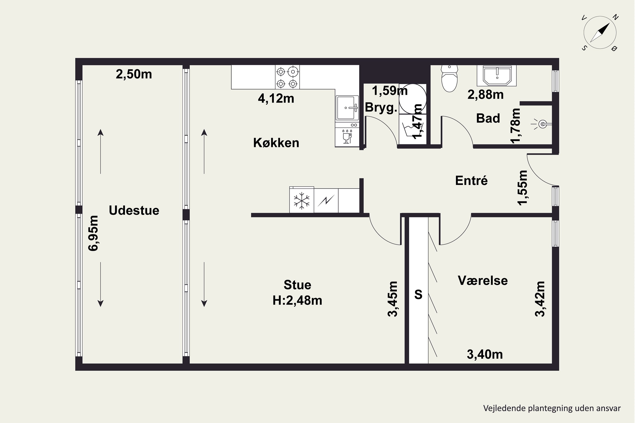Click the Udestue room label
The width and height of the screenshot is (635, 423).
[x=134, y=210]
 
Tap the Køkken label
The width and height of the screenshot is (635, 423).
[x=276, y=143]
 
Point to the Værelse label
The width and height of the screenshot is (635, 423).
[x=483, y=281]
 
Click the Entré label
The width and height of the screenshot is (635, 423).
[x=471, y=180]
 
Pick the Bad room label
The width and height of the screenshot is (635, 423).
[x=488, y=118]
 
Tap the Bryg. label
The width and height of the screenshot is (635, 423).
[x=381, y=107]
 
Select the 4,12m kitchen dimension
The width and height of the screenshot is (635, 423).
[x=276, y=99]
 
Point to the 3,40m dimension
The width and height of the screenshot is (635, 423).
[x=485, y=354]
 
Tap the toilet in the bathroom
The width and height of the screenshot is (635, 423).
[x=450, y=78]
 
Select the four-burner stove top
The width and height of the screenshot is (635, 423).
[x=287, y=77]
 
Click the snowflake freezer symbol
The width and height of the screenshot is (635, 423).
[x=302, y=201]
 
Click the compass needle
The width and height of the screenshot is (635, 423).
[x=600, y=33]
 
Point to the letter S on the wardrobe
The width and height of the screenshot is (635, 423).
[x=418, y=294]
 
